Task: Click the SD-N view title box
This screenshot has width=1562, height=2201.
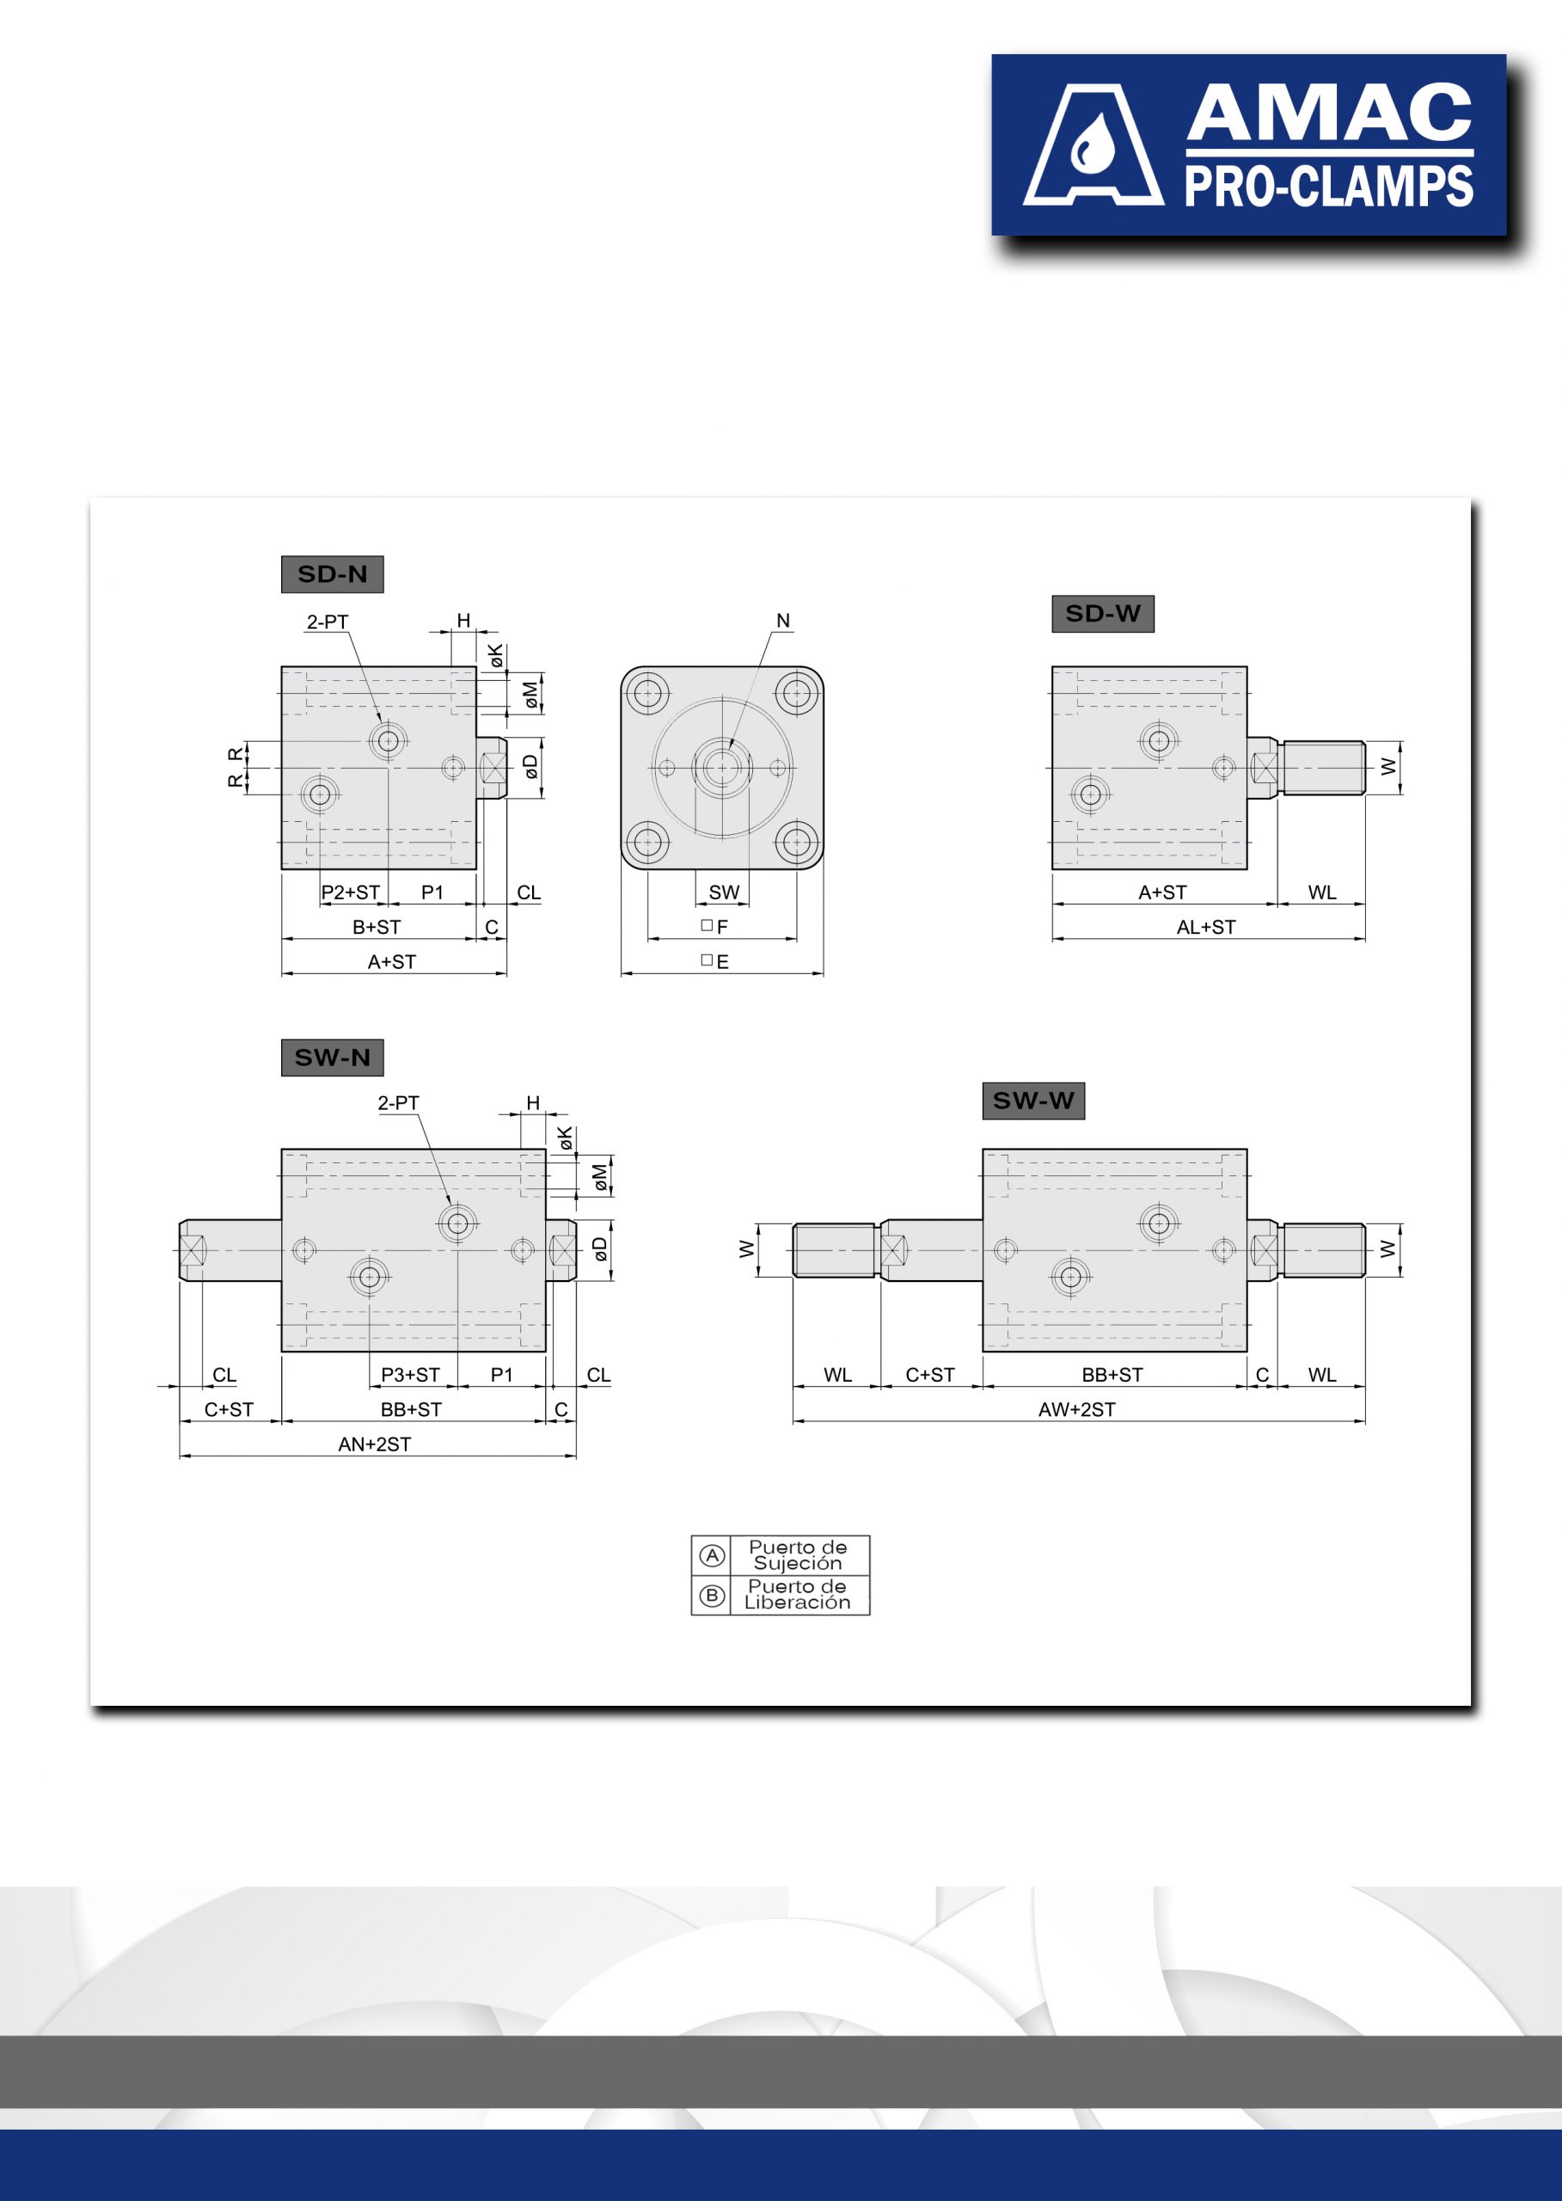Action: [332, 574]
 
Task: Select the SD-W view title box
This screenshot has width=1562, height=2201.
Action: [1102, 614]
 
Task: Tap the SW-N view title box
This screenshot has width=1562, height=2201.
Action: [332, 1058]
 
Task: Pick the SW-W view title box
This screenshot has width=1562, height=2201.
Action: [1033, 1100]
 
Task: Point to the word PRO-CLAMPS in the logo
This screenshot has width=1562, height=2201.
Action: [1328, 187]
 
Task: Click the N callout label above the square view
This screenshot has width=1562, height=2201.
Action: [783, 622]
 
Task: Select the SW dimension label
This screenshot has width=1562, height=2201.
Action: [724, 892]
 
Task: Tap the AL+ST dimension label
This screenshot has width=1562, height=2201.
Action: [1206, 928]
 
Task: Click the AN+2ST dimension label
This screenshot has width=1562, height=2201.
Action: [374, 1444]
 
